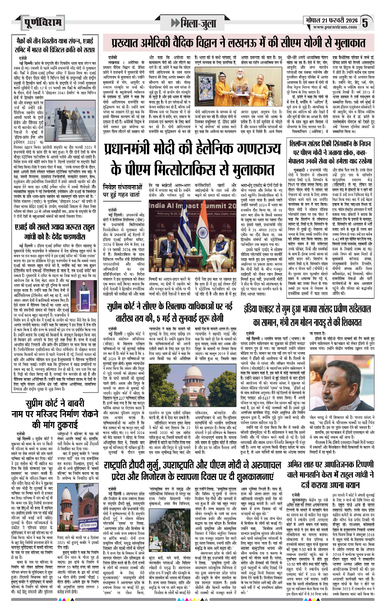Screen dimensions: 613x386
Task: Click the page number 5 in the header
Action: pos(365,23)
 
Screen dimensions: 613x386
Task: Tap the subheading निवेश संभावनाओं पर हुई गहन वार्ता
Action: pos(123,191)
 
